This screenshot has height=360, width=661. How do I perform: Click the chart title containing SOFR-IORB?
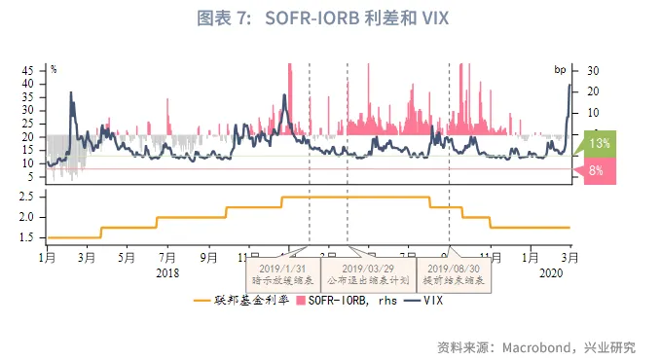pyautogui.click(x=330, y=18)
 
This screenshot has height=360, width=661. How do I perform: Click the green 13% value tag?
pyautogui.click(x=600, y=143)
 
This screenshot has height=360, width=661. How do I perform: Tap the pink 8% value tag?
pyautogui.click(x=596, y=170)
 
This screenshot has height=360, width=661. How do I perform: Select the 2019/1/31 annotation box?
pyautogui.click(x=277, y=273)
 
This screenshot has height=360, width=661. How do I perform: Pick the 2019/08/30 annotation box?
pyautogui.click(x=455, y=273)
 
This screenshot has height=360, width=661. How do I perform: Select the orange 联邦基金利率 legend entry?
pyautogui.click(x=239, y=303)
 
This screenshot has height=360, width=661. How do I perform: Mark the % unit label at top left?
pyautogui.click(x=54, y=68)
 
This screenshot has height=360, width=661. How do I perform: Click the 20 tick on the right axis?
pyautogui.click(x=592, y=91)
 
